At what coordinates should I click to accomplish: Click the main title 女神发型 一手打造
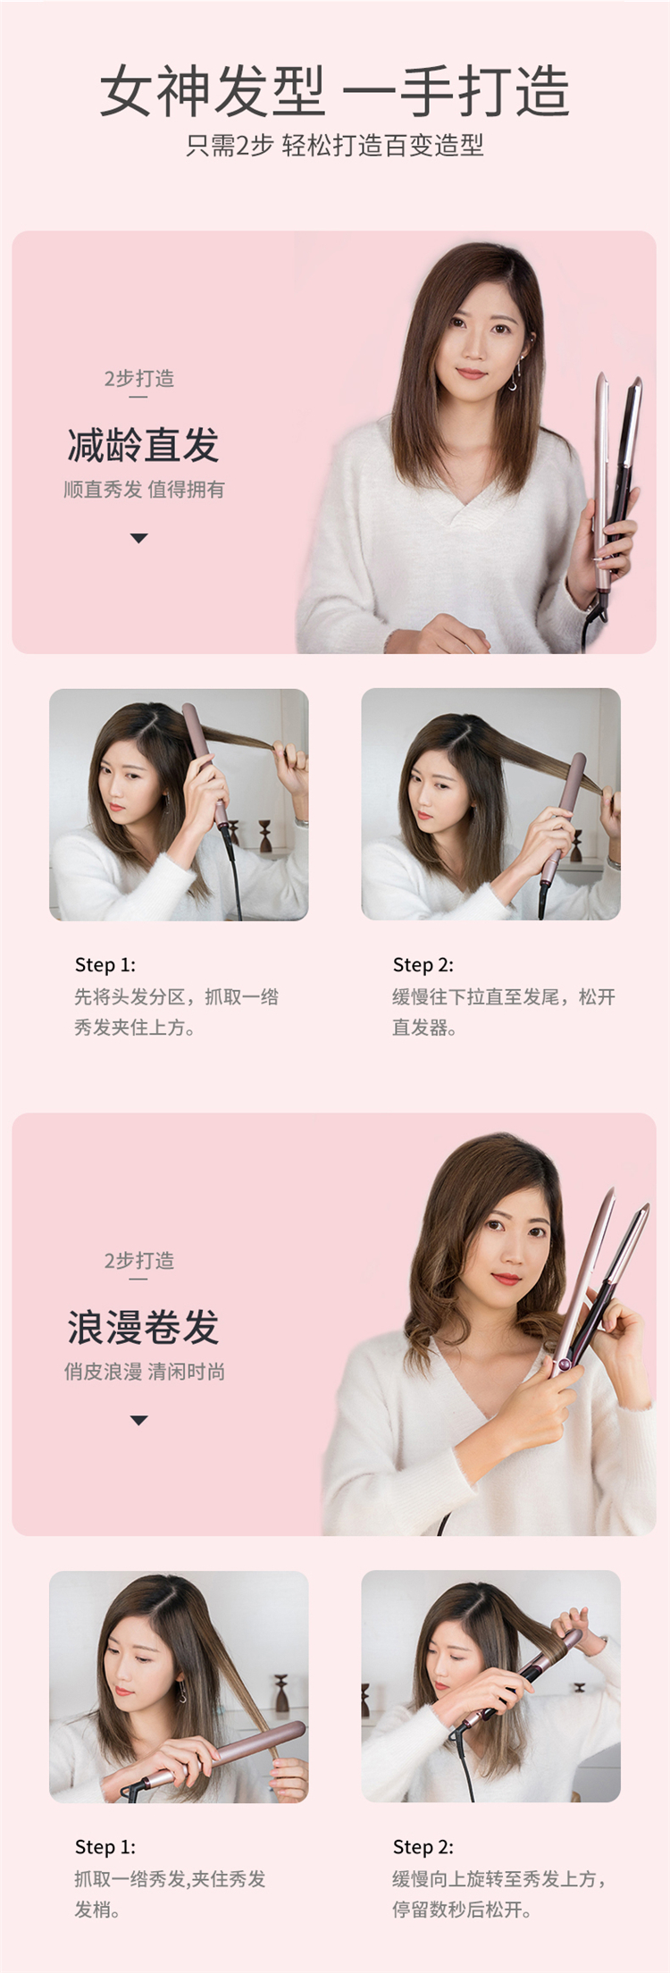334,91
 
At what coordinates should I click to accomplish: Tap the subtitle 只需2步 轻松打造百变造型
334,146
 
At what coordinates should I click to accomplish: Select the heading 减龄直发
143,445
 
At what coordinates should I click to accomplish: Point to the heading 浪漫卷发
143,1327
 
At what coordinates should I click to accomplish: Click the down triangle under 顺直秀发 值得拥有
138,538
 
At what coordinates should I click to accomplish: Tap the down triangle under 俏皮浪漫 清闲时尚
138,1420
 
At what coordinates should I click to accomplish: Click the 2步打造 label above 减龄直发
138,379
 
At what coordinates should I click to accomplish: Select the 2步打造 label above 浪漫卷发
138,1261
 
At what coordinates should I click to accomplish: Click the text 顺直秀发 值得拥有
144,490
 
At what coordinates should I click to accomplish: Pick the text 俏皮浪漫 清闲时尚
144,1372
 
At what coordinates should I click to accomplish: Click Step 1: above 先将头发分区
105,965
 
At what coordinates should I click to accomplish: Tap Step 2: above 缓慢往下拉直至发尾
423,965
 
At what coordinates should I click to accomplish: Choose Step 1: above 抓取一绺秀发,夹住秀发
105,1847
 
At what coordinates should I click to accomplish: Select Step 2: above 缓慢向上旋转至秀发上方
423,1847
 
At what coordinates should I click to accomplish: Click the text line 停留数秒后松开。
462,1910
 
